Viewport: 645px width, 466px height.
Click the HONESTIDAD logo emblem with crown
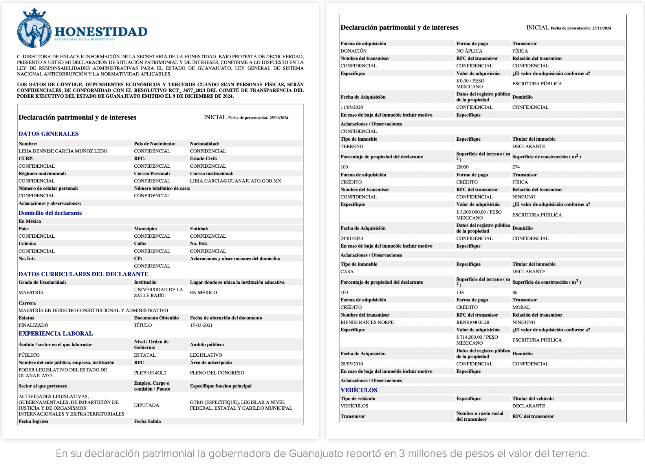click(x=35, y=28)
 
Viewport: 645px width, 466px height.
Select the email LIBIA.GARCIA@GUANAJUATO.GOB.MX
click(x=235, y=181)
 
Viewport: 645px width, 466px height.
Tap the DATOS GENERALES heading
click(x=48, y=134)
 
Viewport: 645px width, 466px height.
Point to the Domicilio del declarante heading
click(x=50, y=213)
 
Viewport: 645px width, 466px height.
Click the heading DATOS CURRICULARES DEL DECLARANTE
click(x=83, y=274)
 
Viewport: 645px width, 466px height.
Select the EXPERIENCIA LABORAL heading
click(x=55, y=334)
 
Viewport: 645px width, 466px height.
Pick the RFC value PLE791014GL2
click(x=150, y=373)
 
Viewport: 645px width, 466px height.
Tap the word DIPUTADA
click(x=147, y=405)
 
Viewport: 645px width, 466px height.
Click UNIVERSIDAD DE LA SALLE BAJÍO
click(x=158, y=292)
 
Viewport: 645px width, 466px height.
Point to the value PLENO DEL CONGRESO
click(x=217, y=373)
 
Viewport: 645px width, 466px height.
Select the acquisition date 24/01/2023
click(x=352, y=239)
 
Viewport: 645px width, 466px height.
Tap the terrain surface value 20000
click(x=462, y=167)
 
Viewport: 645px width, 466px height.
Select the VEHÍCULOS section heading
click(x=359, y=390)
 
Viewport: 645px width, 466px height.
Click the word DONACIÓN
click(x=354, y=51)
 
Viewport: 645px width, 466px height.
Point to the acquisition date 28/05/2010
click(x=352, y=364)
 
